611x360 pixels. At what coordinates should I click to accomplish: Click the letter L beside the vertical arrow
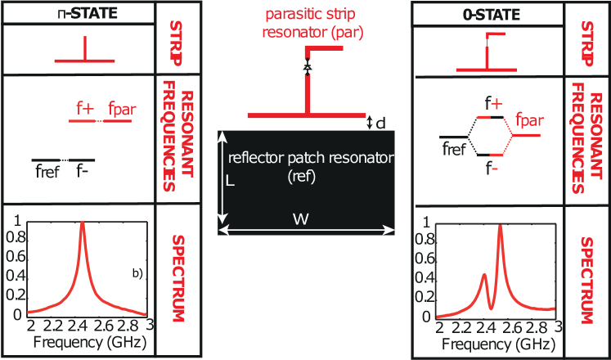[x=230, y=184]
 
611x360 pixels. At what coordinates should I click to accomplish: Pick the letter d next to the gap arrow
[x=380, y=123]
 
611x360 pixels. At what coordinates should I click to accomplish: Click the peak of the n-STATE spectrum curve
[x=82, y=224]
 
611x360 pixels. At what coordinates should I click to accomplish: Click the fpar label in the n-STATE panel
[x=121, y=108]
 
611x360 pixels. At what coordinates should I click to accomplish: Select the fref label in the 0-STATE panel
[x=453, y=150]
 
